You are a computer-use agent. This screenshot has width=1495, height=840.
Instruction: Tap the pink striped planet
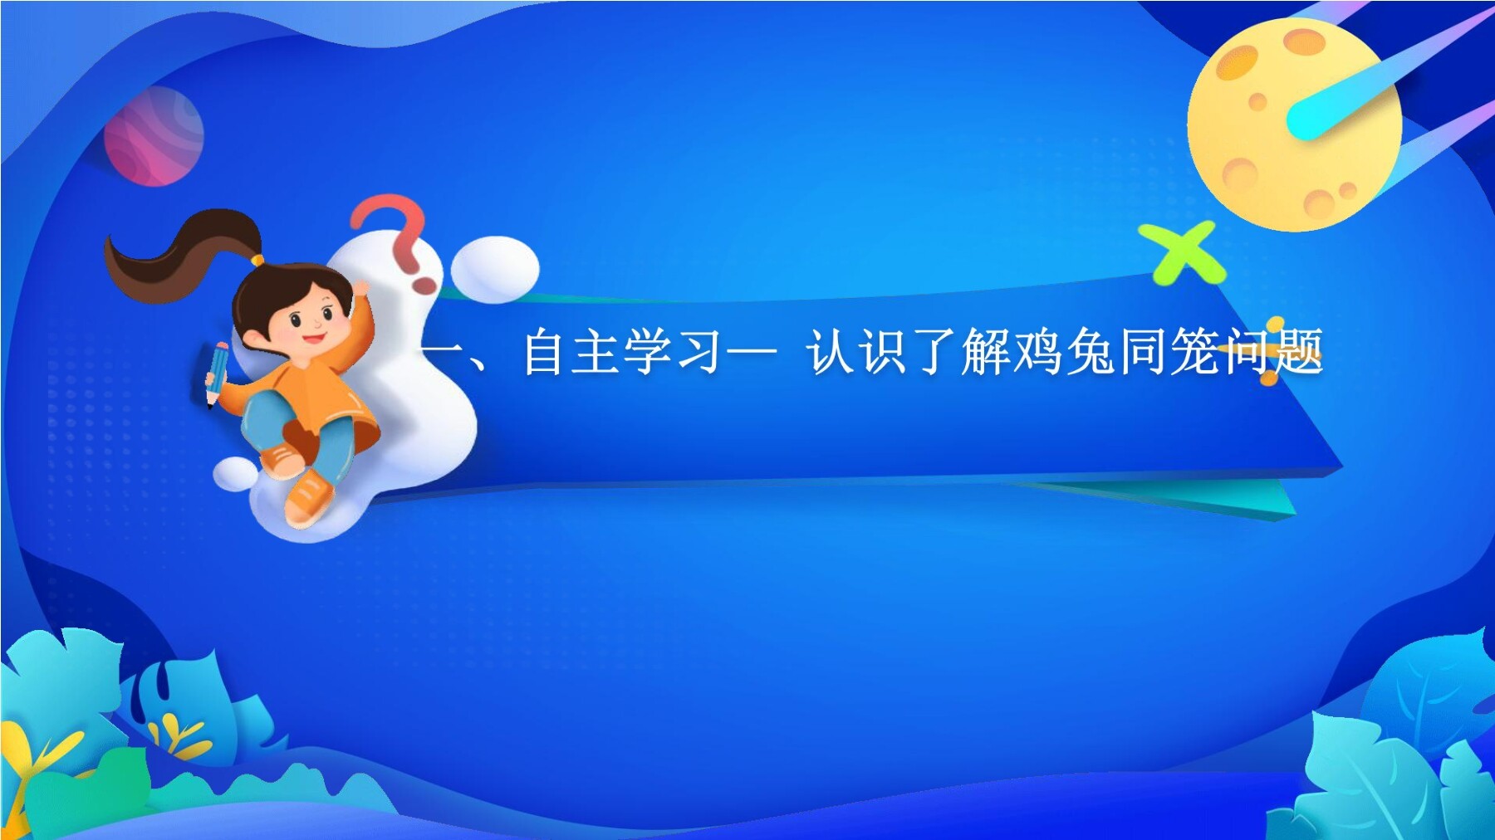click(x=154, y=136)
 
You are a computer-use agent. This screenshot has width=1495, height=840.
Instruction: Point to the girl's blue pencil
click(x=217, y=373)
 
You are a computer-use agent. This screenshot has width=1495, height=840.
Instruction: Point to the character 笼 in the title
click(x=1194, y=352)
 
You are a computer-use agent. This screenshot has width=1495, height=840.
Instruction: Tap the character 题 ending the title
click(x=1299, y=352)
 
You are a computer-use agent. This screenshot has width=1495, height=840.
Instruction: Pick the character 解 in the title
click(x=985, y=352)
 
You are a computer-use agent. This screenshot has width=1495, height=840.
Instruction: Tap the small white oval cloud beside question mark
click(x=494, y=268)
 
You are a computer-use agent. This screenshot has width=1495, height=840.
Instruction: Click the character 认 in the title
click(x=831, y=352)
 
